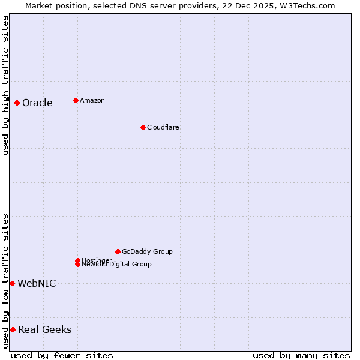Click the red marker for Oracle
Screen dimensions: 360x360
pos(17,103)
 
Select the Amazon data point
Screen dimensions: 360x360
pos(76,100)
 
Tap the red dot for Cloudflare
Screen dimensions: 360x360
pos(143,127)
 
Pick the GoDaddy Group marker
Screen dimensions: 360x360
pos(118,251)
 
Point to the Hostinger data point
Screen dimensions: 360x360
pos(77,260)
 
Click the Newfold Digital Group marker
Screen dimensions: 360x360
pos(77,265)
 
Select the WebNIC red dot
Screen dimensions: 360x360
pos(12,283)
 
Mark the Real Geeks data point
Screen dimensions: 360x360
pos(13,329)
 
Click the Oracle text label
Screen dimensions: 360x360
pos(37,103)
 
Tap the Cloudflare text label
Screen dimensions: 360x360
pos(163,127)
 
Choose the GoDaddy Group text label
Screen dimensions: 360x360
pos(147,251)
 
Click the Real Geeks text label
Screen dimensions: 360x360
pos(44,330)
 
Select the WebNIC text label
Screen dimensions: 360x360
pos(37,284)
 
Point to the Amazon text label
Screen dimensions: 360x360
pos(92,100)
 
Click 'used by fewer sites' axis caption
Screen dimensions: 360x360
pos(62,355)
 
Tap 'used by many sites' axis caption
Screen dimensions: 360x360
pos(301,355)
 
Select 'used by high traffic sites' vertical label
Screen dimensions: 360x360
pos(5,85)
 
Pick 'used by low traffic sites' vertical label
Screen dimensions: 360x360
pos(5,281)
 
